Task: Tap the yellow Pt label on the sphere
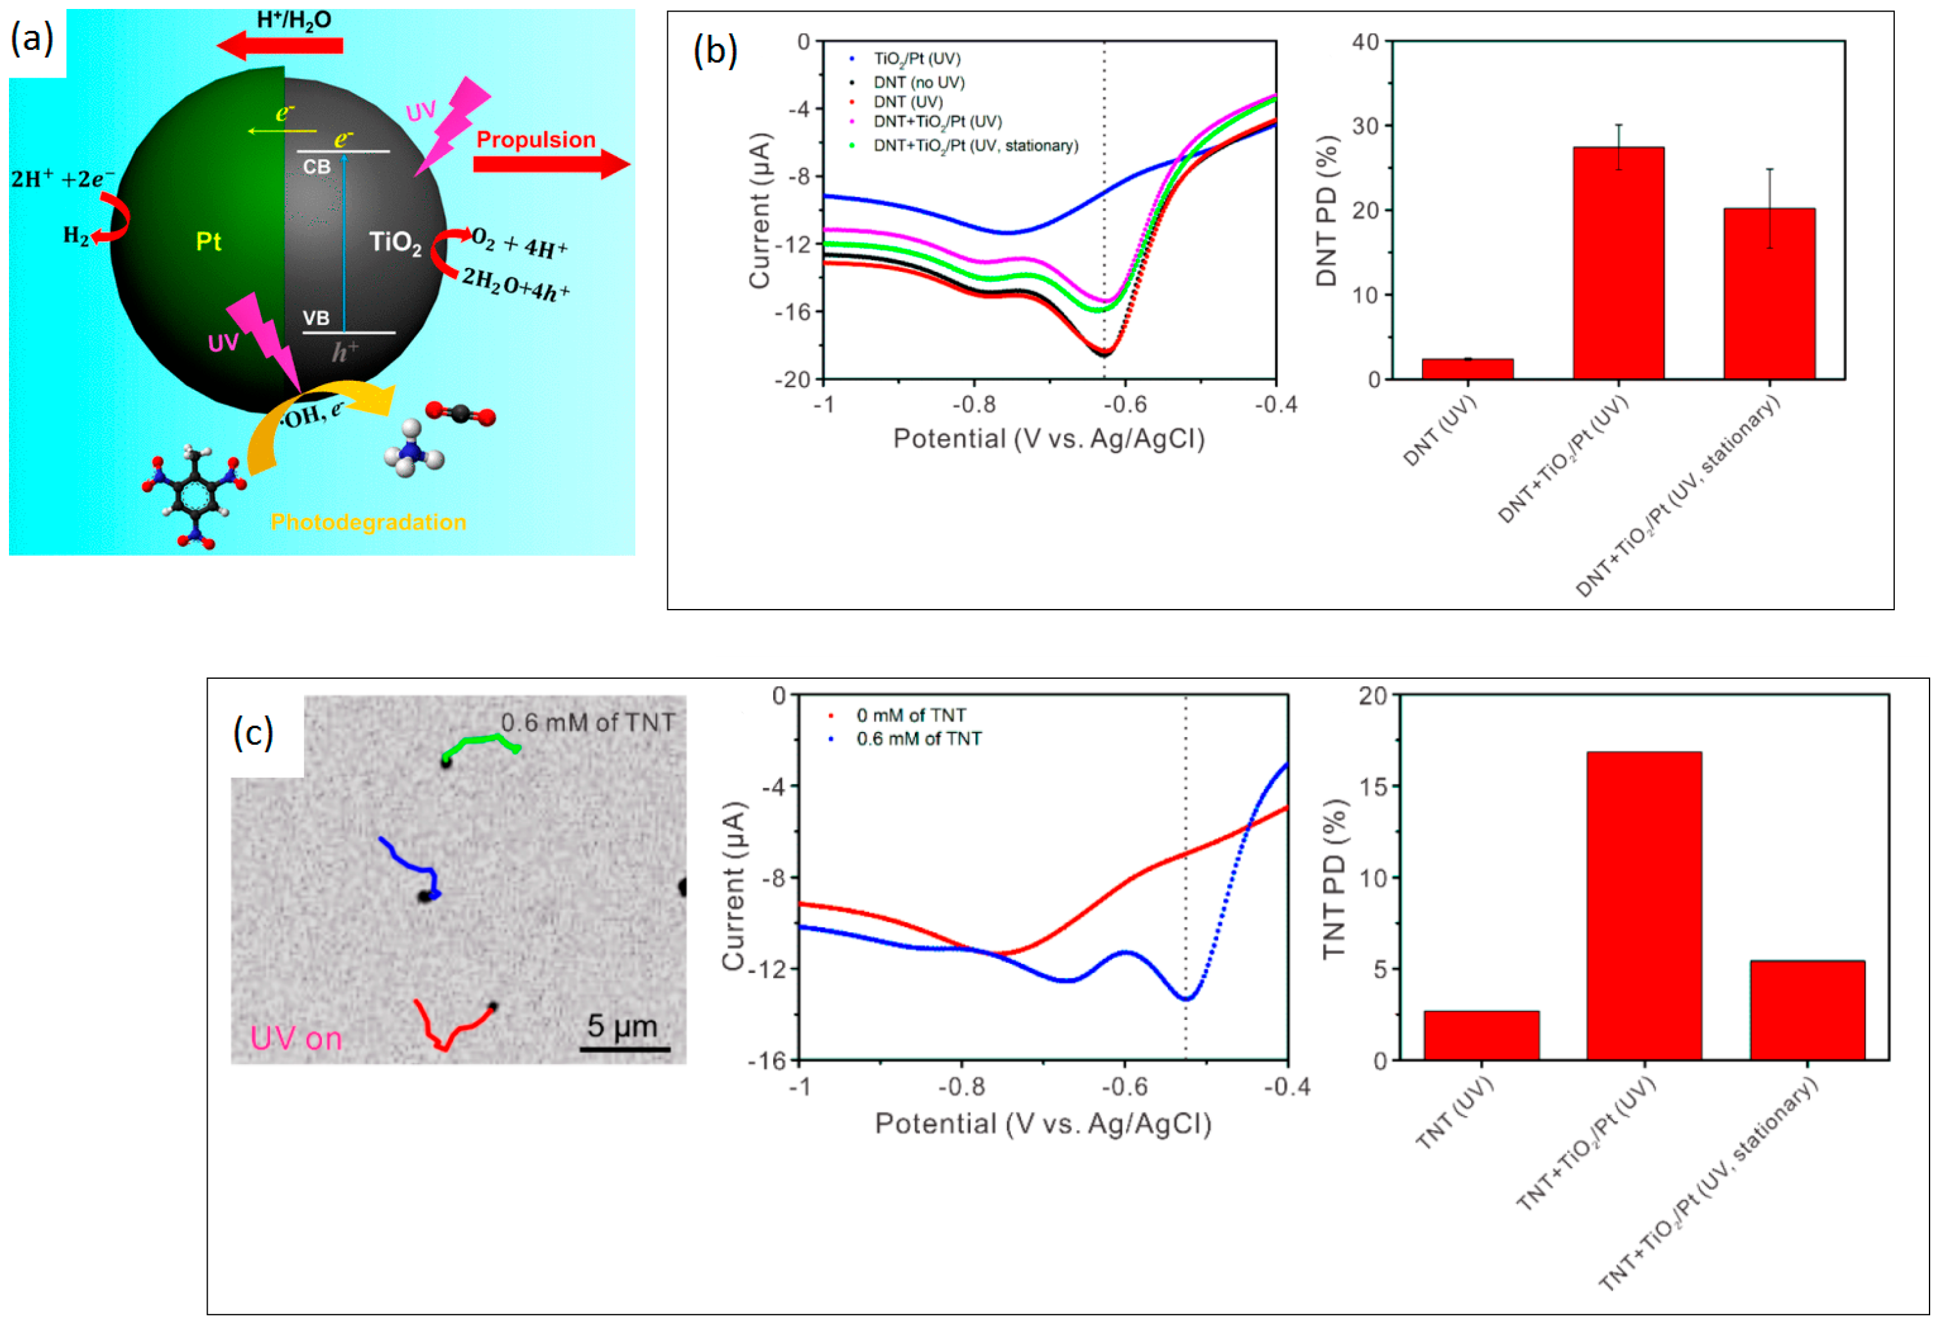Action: [x=208, y=242]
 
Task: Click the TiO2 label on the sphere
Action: [x=396, y=243]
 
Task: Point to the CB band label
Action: [x=317, y=167]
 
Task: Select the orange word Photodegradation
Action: [x=368, y=522]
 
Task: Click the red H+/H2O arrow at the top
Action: [x=280, y=45]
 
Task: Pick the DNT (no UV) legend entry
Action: [x=918, y=82]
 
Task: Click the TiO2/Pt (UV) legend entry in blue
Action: [x=916, y=58]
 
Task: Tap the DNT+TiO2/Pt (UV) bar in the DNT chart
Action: [x=1619, y=263]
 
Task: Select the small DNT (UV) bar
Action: [x=1467, y=369]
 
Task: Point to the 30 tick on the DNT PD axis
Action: [x=1366, y=126]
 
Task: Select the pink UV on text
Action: [x=296, y=1039]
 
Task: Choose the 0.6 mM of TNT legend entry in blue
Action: [x=918, y=739]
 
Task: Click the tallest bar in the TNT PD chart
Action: [x=1644, y=906]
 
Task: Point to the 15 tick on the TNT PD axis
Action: [x=1373, y=787]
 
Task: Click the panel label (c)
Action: [x=253, y=733]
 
